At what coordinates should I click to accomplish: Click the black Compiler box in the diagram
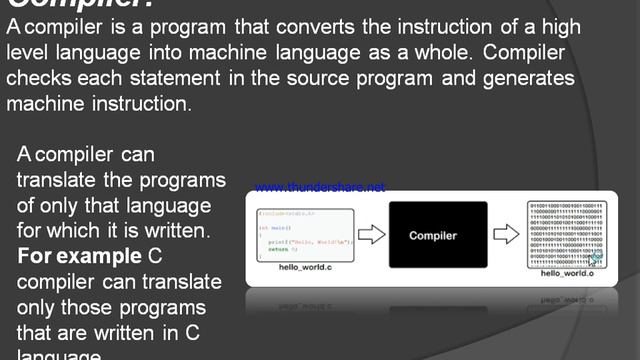pyautogui.click(x=438, y=235)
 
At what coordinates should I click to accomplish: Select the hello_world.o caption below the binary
pyautogui.click(x=567, y=272)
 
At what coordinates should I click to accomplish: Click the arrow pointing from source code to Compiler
pyautogui.click(x=371, y=236)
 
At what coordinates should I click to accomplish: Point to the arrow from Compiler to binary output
pyautogui.click(x=505, y=236)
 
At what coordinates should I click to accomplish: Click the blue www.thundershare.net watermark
pyautogui.click(x=320, y=187)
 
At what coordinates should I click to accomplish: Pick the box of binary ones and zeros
pyautogui.click(x=567, y=234)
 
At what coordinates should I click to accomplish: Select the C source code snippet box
pyautogui.click(x=305, y=236)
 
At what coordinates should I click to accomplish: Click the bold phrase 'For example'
pyautogui.click(x=79, y=256)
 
